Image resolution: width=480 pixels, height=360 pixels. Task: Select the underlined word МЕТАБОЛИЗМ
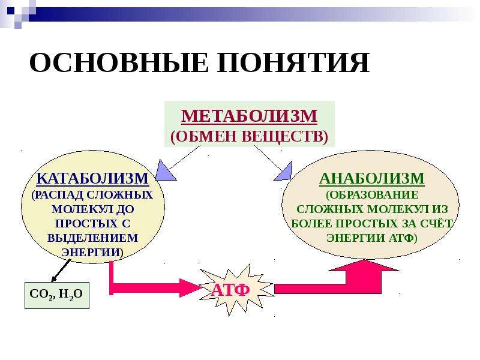(x=249, y=116)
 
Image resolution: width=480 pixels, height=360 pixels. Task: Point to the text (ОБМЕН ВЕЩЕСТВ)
(x=249, y=136)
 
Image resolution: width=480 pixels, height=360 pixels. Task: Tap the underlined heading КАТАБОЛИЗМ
(x=92, y=178)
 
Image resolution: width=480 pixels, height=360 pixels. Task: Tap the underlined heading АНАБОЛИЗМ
(x=372, y=178)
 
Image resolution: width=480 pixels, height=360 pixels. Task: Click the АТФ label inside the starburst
(x=230, y=290)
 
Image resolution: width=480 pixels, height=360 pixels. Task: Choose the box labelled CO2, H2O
(x=57, y=295)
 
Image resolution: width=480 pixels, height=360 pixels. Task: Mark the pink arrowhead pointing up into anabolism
(x=364, y=266)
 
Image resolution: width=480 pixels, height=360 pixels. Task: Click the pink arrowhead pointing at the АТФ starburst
(x=190, y=288)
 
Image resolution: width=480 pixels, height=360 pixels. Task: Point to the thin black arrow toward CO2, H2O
(x=61, y=271)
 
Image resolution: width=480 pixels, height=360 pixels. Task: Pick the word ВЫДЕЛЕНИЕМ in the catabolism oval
(x=93, y=238)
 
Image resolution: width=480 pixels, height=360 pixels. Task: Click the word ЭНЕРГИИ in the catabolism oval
(x=91, y=252)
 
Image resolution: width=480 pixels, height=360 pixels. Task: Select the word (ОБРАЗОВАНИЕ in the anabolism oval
(x=372, y=195)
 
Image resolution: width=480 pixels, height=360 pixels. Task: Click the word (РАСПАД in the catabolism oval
(x=58, y=195)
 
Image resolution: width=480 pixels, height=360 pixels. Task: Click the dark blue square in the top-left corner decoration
(x=11, y=11)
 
